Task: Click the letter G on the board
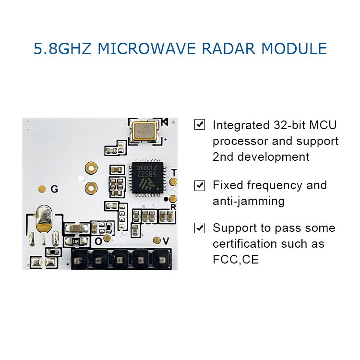click(54, 190)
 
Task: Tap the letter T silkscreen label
click(174, 173)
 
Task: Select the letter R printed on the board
click(173, 207)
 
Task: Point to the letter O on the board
click(98, 241)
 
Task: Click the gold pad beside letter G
click(42, 189)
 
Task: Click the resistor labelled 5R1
click(75, 241)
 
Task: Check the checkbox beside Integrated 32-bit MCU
click(199, 125)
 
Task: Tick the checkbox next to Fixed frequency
click(199, 185)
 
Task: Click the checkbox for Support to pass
click(199, 228)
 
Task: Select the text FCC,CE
click(236, 260)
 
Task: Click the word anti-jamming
click(248, 201)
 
